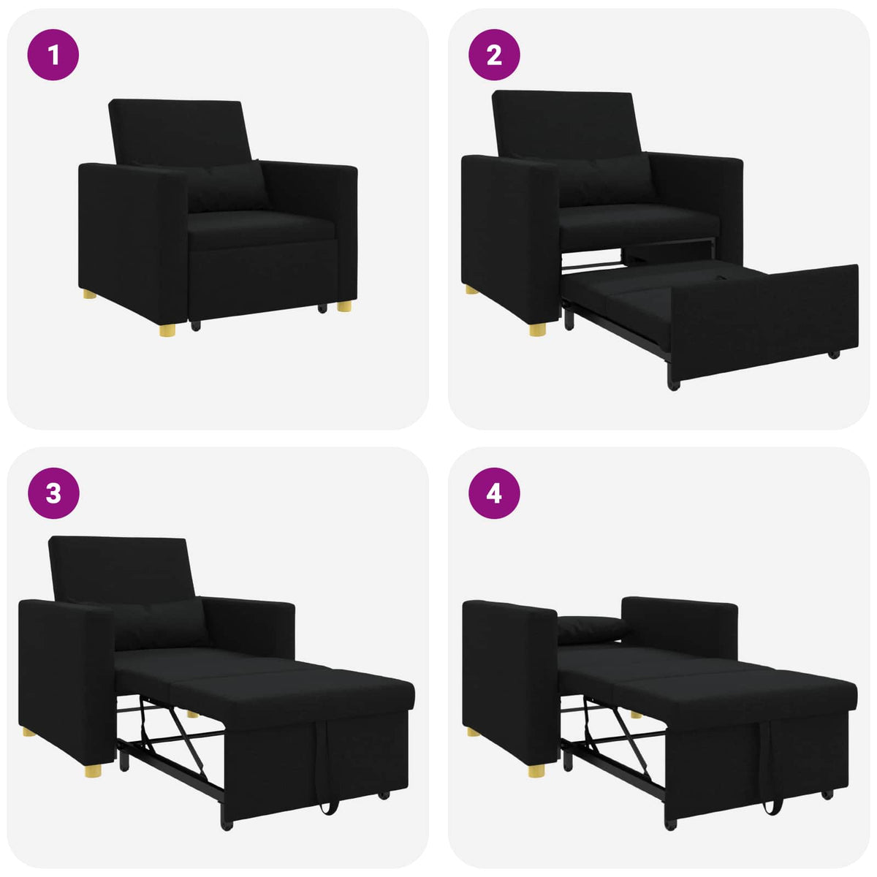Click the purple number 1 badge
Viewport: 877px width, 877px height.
click(53, 55)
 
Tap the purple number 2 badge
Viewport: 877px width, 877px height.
click(494, 55)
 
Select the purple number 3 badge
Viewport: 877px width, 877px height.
click(53, 493)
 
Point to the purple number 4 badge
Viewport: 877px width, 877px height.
click(494, 493)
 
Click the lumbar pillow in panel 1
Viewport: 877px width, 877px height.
click(227, 187)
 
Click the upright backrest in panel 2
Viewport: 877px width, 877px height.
click(563, 121)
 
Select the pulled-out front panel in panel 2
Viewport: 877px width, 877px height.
click(764, 322)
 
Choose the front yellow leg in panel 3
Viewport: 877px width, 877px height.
click(93, 770)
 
